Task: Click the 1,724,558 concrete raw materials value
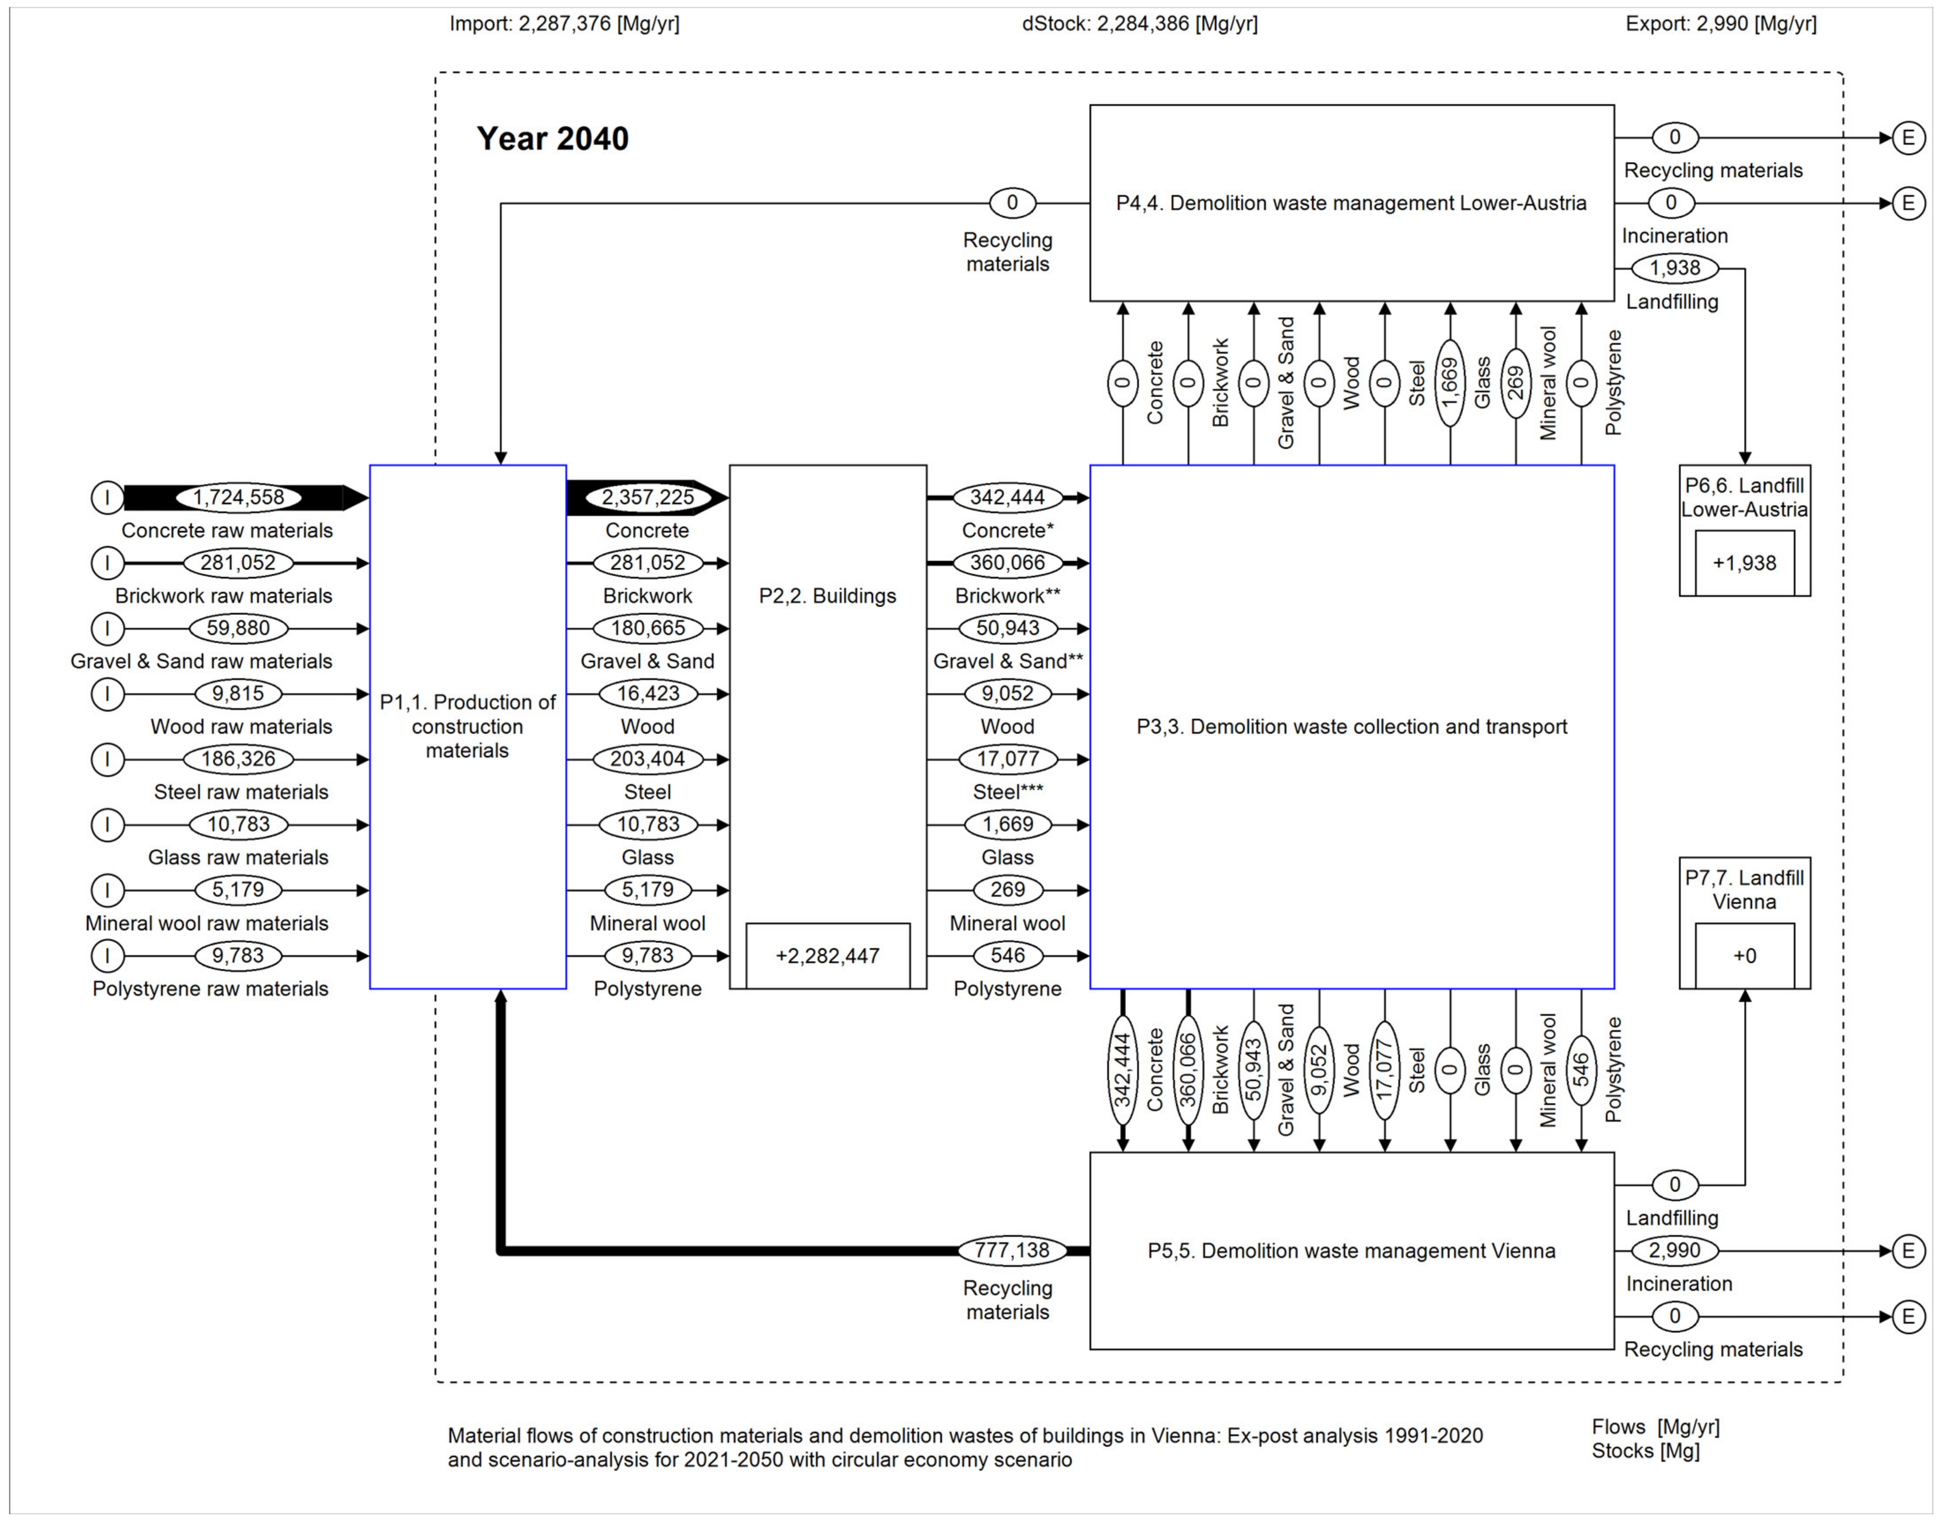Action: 238,498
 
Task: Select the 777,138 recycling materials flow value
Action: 1010,1250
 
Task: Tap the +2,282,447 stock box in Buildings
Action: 827,956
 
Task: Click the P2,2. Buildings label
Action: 827,596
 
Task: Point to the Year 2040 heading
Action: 552,139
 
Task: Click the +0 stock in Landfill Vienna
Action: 1744,956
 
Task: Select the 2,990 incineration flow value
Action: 1674,1250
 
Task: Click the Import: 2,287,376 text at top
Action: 564,23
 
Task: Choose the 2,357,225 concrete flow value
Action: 648,498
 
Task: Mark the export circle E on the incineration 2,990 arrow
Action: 1907,1250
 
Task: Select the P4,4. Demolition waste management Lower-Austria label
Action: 1351,204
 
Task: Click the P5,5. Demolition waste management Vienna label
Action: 1351,1250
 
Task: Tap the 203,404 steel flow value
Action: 648,759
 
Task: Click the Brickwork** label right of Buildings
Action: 1007,596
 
